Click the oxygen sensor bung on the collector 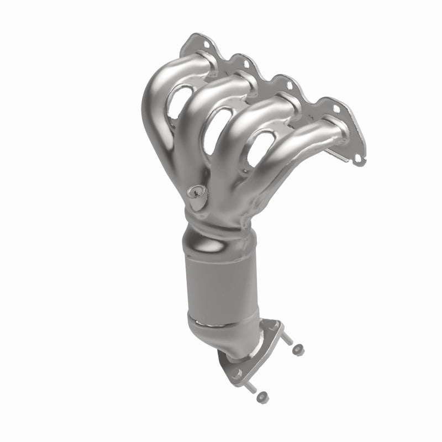[x=194, y=193]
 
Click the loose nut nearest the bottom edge [x=264, y=395]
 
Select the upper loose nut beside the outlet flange [x=298, y=349]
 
